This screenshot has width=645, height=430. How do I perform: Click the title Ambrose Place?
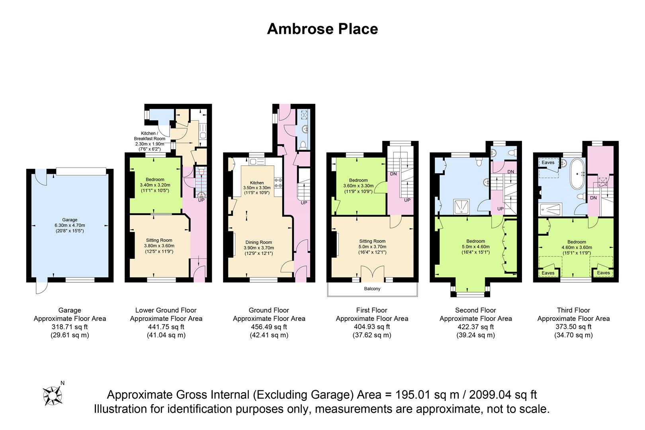point(322,29)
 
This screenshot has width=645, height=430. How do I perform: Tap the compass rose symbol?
point(53,396)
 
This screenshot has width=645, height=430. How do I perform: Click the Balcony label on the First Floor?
point(372,289)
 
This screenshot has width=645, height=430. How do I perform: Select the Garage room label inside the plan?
point(70,220)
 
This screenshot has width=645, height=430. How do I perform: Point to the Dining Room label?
point(258,242)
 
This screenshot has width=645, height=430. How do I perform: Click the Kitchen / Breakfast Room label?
point(149,136)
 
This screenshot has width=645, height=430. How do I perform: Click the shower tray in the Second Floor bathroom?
point(461,207)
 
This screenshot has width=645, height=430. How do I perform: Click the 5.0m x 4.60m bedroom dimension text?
point(475,246)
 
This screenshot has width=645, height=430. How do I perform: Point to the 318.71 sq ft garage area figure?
point(70,327)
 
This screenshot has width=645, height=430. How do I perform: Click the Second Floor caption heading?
point(475,310)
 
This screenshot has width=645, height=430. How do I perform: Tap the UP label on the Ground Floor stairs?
point(304,203)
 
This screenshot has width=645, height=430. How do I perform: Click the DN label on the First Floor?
point(393,174)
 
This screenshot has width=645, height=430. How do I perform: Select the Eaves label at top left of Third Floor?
point(548,162)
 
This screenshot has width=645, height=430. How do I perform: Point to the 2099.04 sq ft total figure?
point(503,395)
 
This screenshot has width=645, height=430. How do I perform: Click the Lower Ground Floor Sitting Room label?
point(159,240)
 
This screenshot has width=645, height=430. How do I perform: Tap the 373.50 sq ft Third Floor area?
point(573,327)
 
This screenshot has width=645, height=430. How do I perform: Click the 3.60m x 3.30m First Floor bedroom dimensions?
point(358,186)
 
